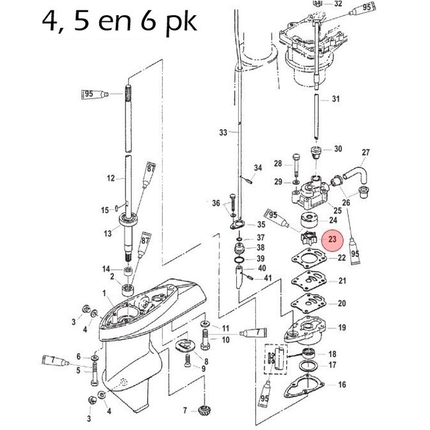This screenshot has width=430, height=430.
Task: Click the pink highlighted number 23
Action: [x=332, y=239]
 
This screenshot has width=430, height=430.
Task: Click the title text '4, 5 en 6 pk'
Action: [x=119, y=22]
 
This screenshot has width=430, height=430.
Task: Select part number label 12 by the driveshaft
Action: [x=110, y=178]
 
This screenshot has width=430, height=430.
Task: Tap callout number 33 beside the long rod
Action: [x=222, y=132]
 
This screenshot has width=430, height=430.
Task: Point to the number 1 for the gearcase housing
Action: [x=104, y=292]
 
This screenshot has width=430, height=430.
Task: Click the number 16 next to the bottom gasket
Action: [x=341, y=384]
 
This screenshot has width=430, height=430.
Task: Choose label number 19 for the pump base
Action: [x=341, y=327]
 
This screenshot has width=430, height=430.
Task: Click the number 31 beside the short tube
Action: [x=335, y=99]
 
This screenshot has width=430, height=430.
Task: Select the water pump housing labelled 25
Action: [x=306, y=194]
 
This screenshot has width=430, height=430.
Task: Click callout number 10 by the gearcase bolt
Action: [x=226, y=339]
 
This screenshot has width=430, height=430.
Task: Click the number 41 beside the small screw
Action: [x=268, y=278]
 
